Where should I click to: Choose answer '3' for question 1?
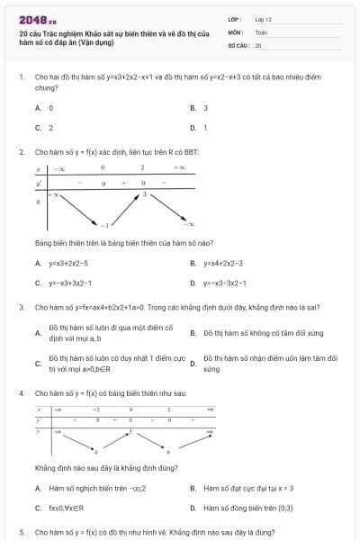205,107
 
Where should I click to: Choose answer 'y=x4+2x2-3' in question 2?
223,264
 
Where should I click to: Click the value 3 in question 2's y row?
143,194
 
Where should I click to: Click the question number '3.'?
22,307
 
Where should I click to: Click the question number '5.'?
22,532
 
